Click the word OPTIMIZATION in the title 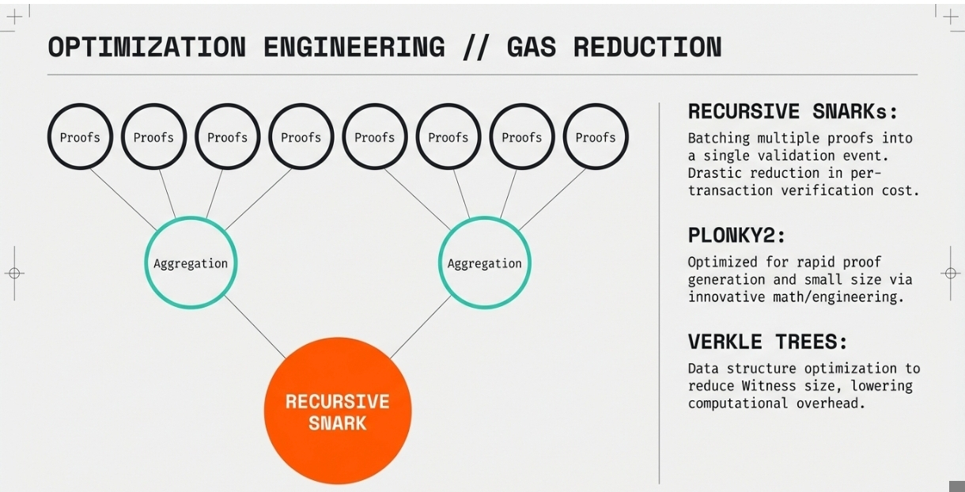coord(146,47)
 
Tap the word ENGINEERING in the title coord(354,47)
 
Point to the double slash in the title coord(475,47)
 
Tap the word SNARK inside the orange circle coord(338,423)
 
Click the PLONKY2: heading coord(736,235)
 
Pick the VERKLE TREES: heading coord(767,343)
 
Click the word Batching coord(716,138)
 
